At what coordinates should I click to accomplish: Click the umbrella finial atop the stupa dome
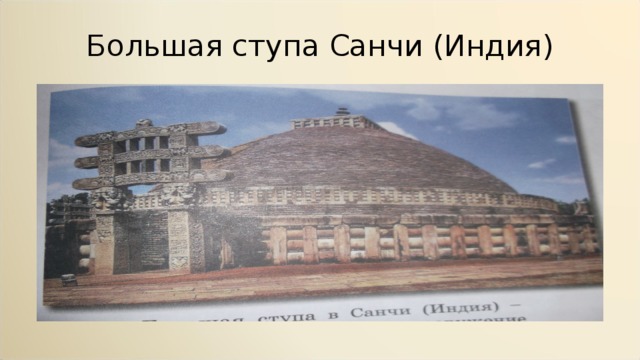(342, 111)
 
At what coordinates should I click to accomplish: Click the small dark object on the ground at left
(68, 280)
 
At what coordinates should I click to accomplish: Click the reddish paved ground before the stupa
(330, 279)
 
